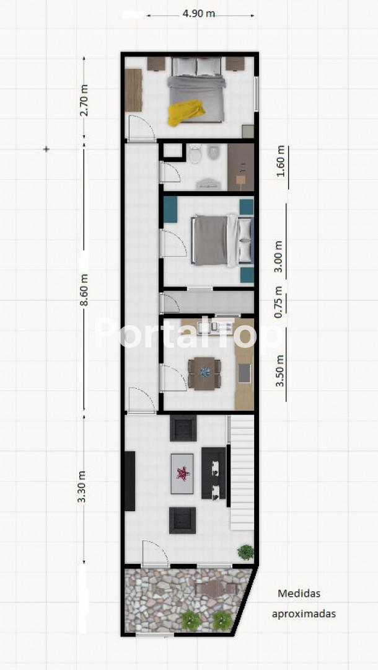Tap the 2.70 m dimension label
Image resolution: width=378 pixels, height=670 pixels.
click(84, 100)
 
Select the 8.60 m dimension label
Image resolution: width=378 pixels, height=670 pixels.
click(84, 290)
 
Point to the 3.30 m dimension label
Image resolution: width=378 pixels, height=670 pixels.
click(82, 487)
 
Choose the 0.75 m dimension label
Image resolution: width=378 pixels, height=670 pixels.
click(278, 302)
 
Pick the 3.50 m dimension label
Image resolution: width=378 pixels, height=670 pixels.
click(280, 371)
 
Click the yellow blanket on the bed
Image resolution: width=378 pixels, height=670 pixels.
click(185, 112)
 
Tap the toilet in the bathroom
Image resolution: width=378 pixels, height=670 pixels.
click(195, 154)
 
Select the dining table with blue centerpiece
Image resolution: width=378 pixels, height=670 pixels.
click(204, 373)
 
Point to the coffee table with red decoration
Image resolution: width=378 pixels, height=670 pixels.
click(182, 474)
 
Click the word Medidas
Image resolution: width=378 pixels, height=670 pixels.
click(299, 594)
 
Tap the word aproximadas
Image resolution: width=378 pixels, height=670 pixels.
click(304, 614)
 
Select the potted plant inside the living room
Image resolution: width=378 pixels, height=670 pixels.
click(246, 552)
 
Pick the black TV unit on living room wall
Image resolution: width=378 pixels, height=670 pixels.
click(130, 481)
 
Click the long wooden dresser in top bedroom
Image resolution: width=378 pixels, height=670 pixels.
click(133, 90)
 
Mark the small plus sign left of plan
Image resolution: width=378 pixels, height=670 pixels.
click(46, 149)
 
